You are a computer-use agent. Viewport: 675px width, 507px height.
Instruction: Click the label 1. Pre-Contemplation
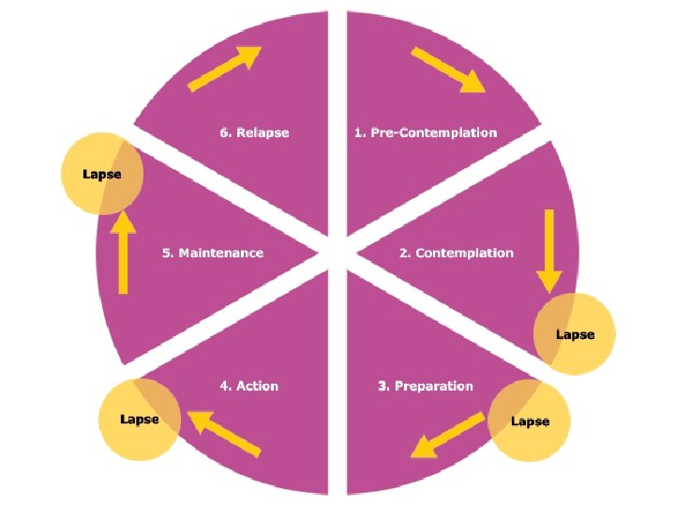(x=425, y=132)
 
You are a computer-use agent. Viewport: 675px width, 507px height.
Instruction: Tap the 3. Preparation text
(x=425, y=386)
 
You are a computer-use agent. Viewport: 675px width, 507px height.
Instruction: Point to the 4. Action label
(x=248, y=386)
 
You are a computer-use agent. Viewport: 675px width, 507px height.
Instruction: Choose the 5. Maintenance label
(x=213, y=253)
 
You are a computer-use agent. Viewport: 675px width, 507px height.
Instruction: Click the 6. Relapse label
(x=254, y=132)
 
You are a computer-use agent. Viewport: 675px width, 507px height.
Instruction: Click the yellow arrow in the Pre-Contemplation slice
(x=447, y=70)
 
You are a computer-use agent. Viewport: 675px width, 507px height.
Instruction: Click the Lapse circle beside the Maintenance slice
(x=101, y=174)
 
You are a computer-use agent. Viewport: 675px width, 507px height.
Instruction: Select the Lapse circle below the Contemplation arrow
(x=574, y=333)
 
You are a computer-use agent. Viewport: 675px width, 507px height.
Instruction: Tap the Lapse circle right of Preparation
(x=529, y=421)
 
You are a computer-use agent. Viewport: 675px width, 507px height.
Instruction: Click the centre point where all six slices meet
(x=337, y=253)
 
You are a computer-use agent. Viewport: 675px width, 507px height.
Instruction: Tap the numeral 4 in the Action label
(x=224, y=386)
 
